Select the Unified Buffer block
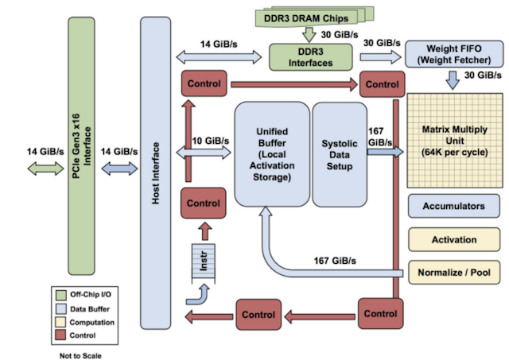(x=271, y=153)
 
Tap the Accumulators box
(x=454, y=206)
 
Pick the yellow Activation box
(x=454, y=239)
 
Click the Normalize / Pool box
(x=454, y=273)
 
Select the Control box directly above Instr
(x=202, y=203)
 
